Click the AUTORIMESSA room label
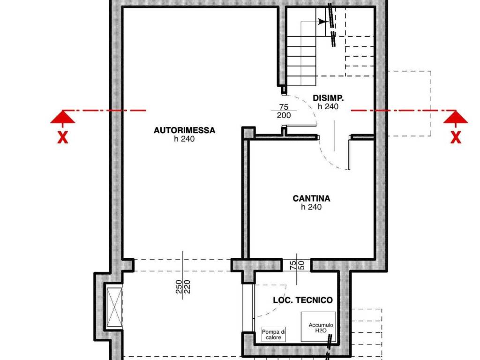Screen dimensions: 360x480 [x=184, y=130]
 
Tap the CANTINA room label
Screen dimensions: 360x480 [x=311, y=198]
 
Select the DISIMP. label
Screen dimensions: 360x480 [x=328, y=98]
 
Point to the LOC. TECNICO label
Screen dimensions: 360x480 [x=303, y=300]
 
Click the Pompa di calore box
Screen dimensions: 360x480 [x=274, y=334]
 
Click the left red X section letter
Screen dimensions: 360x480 [x=62, y=138]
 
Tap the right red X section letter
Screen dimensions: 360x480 [x=455, y=138]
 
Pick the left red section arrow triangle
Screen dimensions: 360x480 [x=63, y=117]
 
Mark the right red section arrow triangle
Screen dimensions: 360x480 [x=456, y=117]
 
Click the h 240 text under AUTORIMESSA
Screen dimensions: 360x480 [x=184, y=139]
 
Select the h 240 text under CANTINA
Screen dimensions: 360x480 [x=311, y=207]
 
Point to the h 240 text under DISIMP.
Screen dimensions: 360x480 [x=328, y=107]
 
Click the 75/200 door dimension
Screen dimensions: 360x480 [x=284, y=111]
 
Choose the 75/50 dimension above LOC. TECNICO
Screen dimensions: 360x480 [x=297, y=265]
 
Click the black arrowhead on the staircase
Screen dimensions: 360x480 [x=322, y=22]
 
